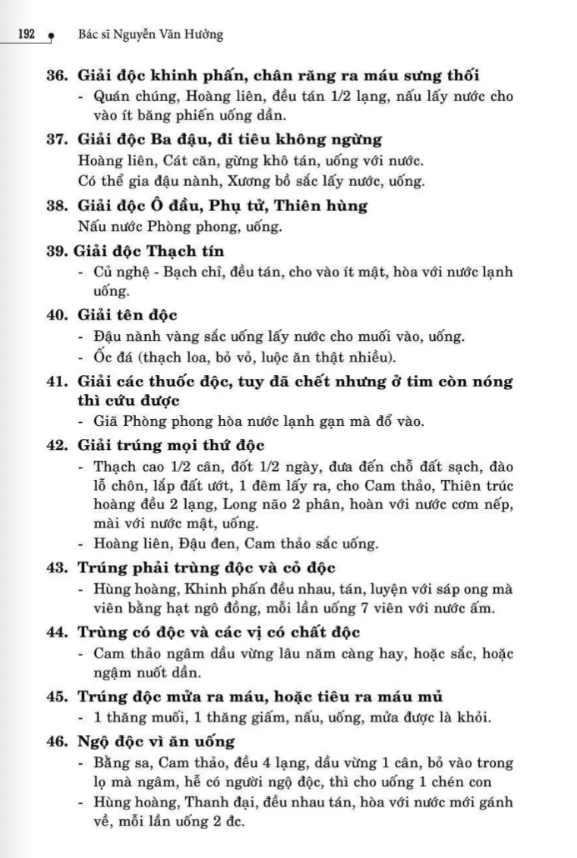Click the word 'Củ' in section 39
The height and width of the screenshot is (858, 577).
point(103,272)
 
